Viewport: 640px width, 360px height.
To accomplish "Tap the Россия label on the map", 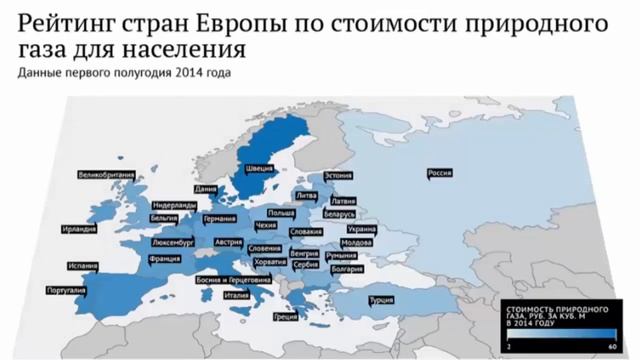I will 441,172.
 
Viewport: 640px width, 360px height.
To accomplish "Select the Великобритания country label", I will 106,175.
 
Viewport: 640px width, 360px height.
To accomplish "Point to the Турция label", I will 380,299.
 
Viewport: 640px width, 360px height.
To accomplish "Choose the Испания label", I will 83,266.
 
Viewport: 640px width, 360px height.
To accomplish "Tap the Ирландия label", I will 79,229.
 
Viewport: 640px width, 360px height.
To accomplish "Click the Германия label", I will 218,218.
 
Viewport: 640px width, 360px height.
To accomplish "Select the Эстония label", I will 339,175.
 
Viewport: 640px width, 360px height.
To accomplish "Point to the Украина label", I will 362,229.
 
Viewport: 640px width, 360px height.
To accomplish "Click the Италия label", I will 236,295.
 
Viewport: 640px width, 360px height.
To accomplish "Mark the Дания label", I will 206,188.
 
